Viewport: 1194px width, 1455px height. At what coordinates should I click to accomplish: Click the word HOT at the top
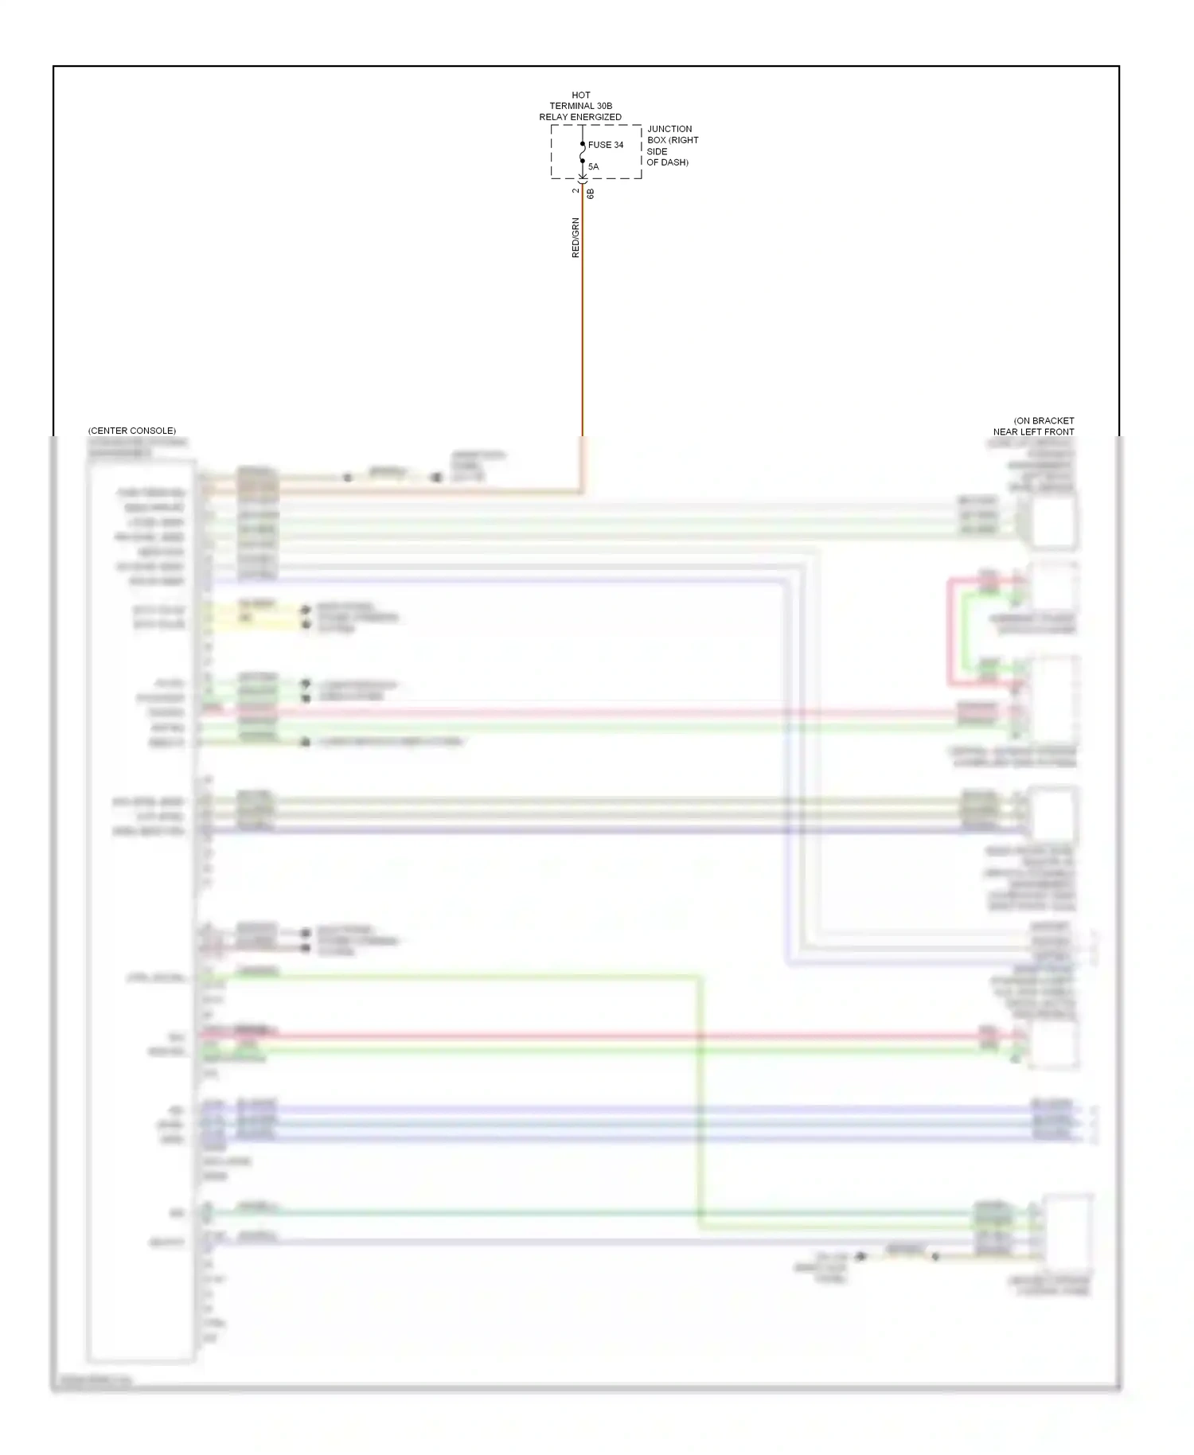(581, 95)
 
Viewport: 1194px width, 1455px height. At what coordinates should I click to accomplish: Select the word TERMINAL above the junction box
(572, 106)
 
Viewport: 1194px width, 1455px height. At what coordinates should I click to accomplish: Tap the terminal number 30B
(604, 106)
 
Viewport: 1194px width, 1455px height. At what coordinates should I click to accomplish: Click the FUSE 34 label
(606, 145)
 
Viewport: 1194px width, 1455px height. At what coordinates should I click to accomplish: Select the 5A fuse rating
(593, 166)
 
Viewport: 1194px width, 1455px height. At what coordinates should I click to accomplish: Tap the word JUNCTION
(669, 129)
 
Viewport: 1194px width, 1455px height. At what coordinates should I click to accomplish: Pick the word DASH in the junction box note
(673, 162)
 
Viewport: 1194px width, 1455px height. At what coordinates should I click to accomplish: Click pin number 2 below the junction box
(576, 191)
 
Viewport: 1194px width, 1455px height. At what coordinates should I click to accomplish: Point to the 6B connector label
(591, 193)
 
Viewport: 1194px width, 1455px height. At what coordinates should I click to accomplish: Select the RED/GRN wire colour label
(576, 238)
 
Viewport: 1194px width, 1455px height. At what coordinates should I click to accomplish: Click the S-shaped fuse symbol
(583, 153)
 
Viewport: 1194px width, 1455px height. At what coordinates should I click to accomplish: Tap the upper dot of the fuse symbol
(583, 144)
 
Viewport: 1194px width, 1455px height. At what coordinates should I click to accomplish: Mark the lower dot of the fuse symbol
(583, 162)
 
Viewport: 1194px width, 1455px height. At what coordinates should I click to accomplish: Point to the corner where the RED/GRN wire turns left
(583, 492)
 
